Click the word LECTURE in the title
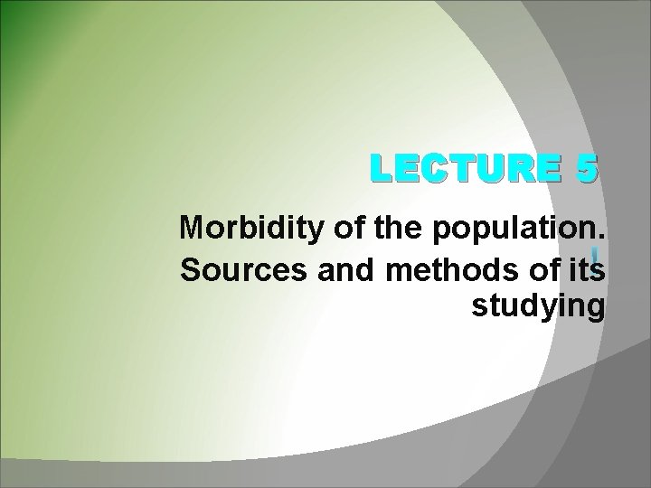click(458, 169)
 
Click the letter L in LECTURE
click(373, 169)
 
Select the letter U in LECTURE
click(489, 169)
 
